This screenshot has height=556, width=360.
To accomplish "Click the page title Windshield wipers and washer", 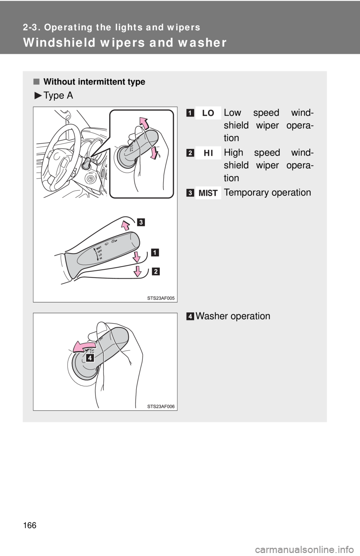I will (x=124, y=43).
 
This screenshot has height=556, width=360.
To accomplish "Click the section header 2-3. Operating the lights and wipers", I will (x=111, y=27).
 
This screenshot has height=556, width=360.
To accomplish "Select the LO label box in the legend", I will (x=208, y=113).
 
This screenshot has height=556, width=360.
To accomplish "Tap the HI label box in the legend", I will (x=208, y=153).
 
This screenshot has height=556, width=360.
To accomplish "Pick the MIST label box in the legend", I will (x=208, y=193).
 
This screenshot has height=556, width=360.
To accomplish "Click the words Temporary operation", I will (x=267, y=193).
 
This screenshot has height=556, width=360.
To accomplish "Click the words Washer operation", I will (x=232, y=316).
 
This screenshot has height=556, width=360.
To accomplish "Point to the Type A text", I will (x=58, y=96).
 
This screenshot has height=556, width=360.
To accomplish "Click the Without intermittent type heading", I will (x=94, y=82).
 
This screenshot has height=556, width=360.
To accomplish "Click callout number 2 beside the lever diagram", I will (x=155, y=272).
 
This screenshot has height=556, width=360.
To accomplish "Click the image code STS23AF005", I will (x=160, y=297).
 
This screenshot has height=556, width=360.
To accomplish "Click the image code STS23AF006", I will (x=160, y=407).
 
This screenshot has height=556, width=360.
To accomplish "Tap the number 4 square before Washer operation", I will (x=191, y=317).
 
